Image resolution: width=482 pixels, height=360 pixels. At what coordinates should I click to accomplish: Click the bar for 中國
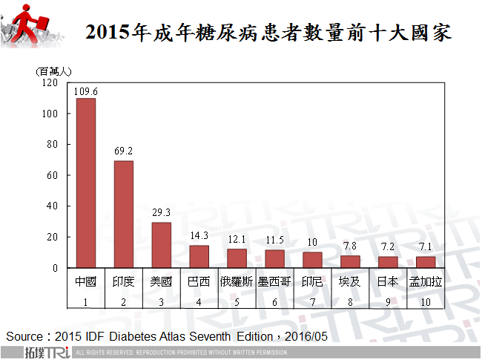tap(86, 183)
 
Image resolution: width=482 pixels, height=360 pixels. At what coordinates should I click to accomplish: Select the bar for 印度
tap(124, 214)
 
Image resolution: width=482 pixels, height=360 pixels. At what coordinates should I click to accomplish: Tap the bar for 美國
tap(162, 245)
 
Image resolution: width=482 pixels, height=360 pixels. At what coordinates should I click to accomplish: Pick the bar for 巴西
tap(199, 256)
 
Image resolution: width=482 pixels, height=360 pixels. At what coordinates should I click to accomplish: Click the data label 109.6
tap(86, 91)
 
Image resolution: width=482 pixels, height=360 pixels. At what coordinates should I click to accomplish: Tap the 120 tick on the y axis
tap(50, 83)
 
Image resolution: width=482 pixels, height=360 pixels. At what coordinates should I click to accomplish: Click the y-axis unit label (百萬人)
tap(54, 71)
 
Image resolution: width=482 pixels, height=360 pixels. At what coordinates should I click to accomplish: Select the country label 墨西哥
tap(274, 282)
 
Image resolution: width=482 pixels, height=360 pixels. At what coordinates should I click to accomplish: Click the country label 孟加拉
tap(426, 282)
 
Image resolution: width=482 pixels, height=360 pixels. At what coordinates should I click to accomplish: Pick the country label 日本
tap(388, 282)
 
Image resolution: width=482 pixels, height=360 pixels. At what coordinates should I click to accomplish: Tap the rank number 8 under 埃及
tap(350, 301)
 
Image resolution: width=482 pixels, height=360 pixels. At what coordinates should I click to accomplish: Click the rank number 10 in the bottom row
tap(426, 301)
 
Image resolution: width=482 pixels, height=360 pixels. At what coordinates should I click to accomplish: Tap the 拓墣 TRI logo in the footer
tap(45, 351)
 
